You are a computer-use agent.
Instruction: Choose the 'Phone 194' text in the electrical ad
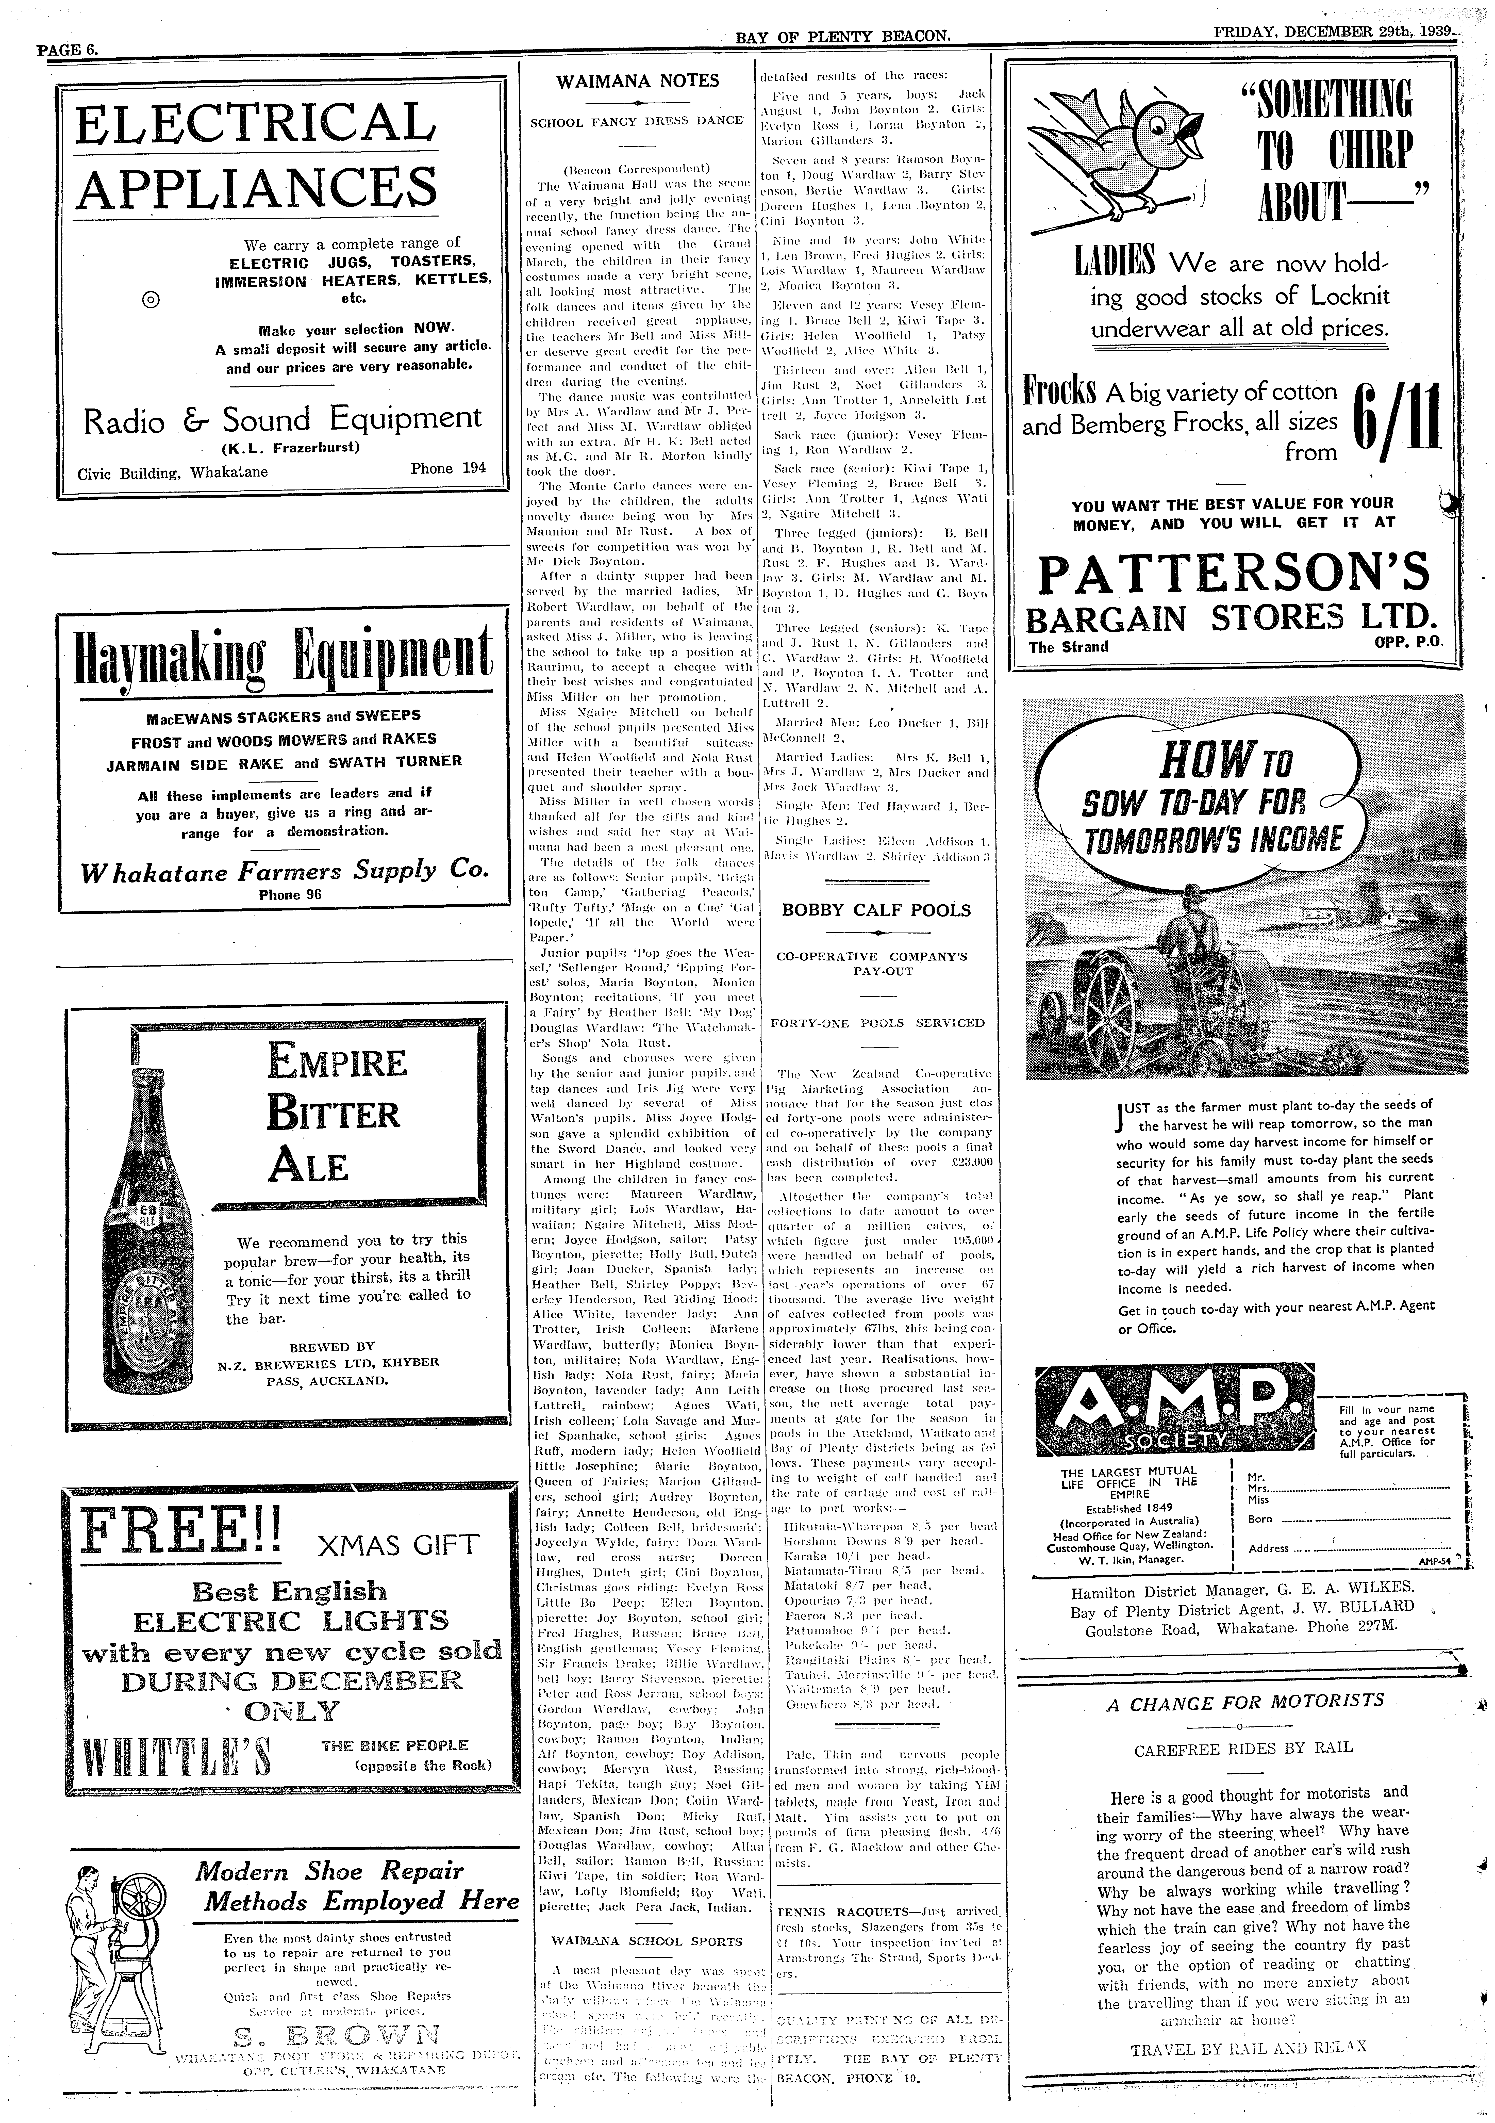click(447, 468)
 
